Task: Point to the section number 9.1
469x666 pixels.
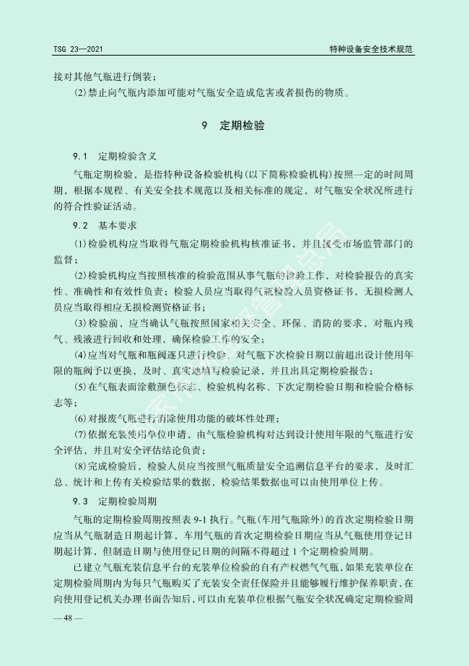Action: pos(79,156)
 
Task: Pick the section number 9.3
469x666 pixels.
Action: pos(79,501)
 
